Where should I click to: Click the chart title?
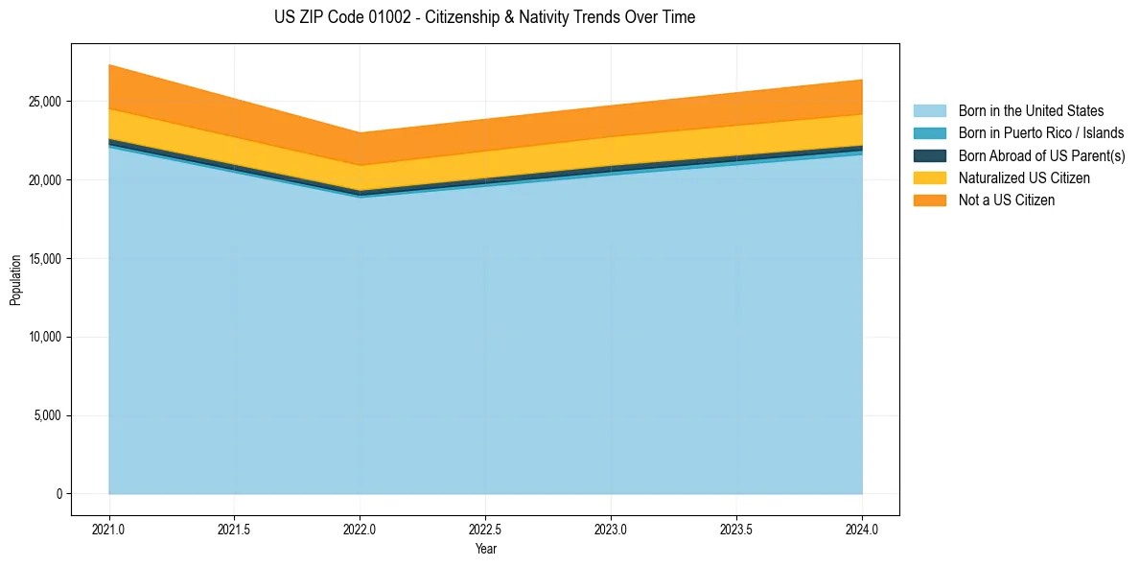tap(484, 17)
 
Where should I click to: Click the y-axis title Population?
tap(15, 280)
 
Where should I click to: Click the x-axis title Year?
tap(485, 549)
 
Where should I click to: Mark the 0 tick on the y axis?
tap(58, 494)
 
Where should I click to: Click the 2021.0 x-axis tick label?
tap(109, 529)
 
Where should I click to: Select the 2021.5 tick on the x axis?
tap(235, 529)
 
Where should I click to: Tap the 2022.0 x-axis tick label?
tap(361, 529)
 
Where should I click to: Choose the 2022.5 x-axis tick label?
tap(486, 529)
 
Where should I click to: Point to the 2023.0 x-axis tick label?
tap(611, 529)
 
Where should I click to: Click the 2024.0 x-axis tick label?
tap(862, 529)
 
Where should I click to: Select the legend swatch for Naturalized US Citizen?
tap(929, 178)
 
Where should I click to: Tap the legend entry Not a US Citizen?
tap(1006, 200)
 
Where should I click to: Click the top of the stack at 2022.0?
tap(361, 132)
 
